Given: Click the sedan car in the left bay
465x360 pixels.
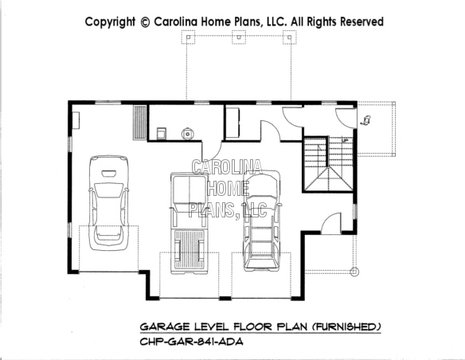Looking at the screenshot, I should (110, 202).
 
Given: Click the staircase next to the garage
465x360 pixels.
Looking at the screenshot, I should (326, 165).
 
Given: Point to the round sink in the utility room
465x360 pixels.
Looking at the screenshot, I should (189, 133).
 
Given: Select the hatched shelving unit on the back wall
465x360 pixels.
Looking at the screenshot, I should (139, 123).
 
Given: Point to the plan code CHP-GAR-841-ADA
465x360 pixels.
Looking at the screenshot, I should (191, 342).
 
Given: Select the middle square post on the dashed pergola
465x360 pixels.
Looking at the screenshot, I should (237, 37).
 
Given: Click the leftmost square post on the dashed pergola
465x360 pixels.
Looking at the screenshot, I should (188, 37).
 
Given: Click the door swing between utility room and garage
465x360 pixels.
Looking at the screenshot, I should (210, 149).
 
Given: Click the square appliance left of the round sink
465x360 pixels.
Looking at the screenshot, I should (161, 132).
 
